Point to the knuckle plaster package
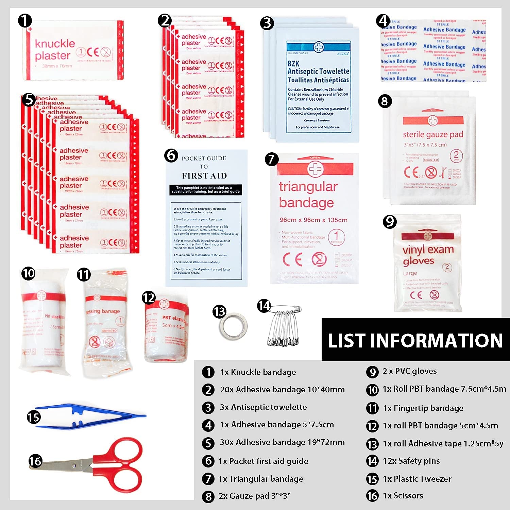(73, 50)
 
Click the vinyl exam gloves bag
(428, 263)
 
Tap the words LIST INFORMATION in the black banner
(415, 340)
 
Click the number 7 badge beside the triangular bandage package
(271, 159)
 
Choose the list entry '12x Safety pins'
(411, 461)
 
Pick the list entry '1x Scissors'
(403, 496)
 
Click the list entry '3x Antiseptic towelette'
(263, 407)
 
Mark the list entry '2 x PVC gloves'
(409, 371)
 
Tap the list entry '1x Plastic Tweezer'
(417, 479)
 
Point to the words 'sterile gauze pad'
(433, 135)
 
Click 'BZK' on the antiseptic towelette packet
(293, 64)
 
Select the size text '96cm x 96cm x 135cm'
(313, 220)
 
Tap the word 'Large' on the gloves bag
(410, 273)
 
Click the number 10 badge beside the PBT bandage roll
(29, 273)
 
